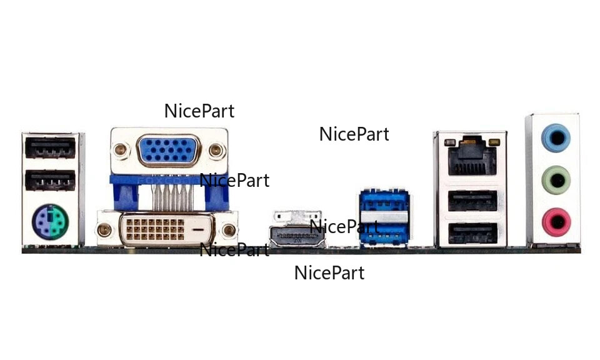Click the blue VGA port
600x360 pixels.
[x=168, y=151]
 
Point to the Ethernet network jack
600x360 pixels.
[x=472, y=156]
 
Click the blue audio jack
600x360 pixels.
[x=555, y=138]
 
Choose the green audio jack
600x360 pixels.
[x=555, y=181]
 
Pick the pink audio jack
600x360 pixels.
[x=555, y=222]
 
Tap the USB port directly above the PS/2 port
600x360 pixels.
[x=51, y=181]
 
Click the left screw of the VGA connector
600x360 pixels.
[x=120, y=150]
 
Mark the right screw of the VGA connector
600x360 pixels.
[x=216, y=150]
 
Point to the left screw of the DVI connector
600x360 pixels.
[x=105, y=231]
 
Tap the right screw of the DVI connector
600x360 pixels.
[x=229, y=231]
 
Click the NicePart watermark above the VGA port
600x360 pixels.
[x=199, y=111]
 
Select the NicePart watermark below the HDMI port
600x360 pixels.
[x=329, y=273]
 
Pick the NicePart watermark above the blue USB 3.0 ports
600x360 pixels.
[x=354, y=134]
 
